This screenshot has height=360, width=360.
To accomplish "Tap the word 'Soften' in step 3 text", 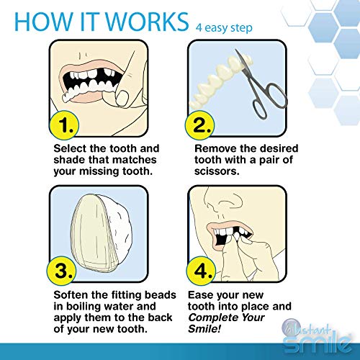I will [x=71, y=294].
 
